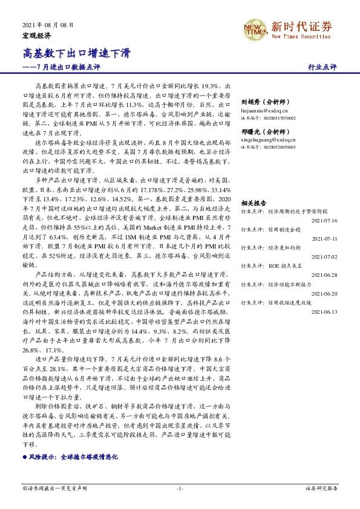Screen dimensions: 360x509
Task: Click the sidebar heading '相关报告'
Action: coord(251,204)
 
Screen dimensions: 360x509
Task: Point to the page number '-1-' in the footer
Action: coord(180,488)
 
